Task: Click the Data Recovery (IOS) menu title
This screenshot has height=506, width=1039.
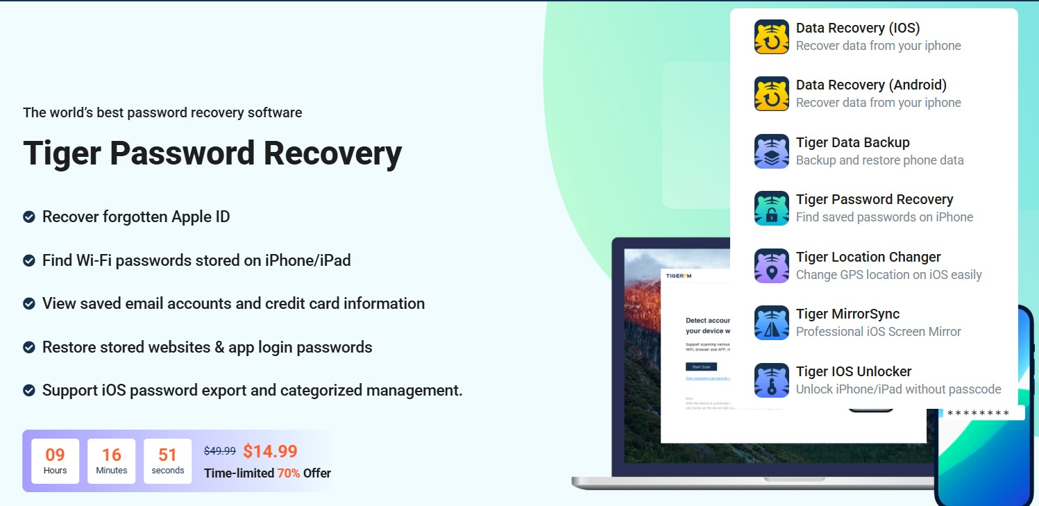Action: click(857, 28)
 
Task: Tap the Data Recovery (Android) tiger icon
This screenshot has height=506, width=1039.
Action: click(772, 94)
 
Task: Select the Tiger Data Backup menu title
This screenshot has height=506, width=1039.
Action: click(852, 142)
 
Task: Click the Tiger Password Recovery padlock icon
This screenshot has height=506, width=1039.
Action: click(772, 208)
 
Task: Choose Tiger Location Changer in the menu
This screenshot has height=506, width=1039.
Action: click(868, 257)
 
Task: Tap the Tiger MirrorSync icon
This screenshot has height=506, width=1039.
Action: click(772, 323)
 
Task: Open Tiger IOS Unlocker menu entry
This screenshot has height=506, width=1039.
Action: click(854, 371)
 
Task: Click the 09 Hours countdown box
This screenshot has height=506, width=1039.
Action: click(56, 461)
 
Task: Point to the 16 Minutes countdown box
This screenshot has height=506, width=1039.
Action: click(112, 461)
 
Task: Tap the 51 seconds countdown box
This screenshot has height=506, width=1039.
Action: click(168, 461)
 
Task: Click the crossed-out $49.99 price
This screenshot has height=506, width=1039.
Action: click(219, 451)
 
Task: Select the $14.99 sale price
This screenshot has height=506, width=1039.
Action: click(270, 451)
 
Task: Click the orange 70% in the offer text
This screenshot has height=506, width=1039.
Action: click(288, 473)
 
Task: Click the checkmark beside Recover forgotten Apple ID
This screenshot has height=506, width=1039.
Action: click(29, 217)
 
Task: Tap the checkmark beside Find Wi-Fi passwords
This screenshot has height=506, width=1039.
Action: click(29, 261)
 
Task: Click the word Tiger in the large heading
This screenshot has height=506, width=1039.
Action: click(61, 153)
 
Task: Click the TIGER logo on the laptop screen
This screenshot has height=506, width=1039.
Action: click(679, 276)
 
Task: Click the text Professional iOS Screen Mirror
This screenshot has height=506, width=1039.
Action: click(878, 332)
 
